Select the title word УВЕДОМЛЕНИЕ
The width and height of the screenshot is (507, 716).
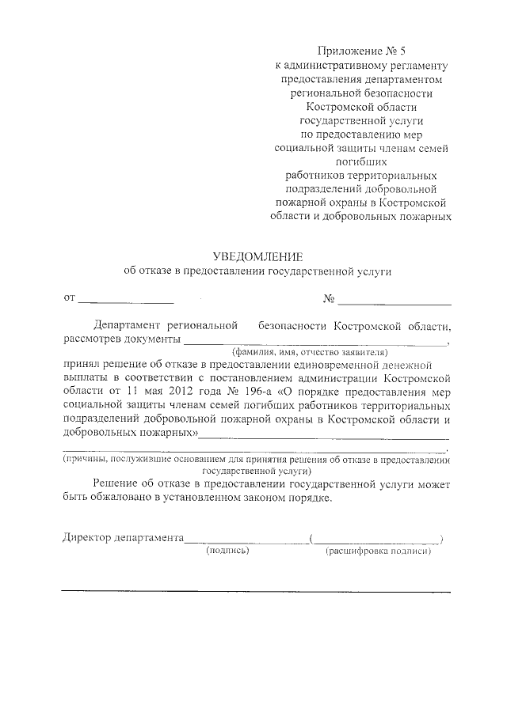[x=257, y=256]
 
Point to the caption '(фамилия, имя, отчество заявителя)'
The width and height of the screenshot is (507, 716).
[x=309, y=351]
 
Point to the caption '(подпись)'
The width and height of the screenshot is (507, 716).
[x=227, y=551]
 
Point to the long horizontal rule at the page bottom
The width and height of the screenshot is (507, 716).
[x=256, y=592]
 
